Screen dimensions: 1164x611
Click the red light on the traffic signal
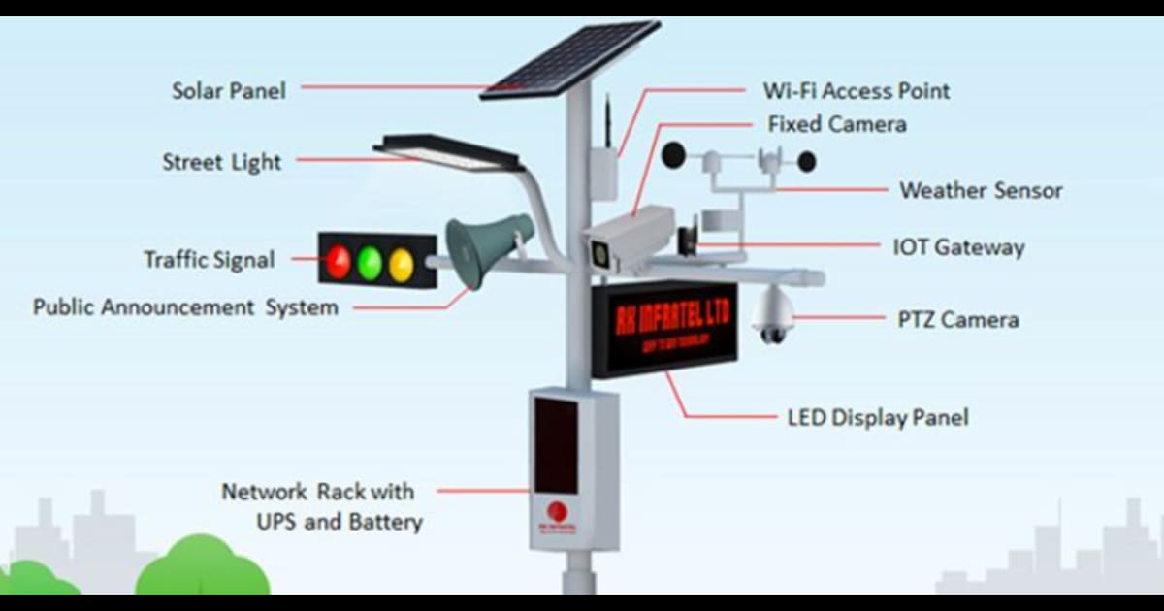338,261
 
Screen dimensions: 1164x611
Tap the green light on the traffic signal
370,262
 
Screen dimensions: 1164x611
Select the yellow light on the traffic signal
401,263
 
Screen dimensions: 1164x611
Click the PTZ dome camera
773,315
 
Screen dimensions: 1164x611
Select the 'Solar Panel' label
229,91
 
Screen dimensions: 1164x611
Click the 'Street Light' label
221,162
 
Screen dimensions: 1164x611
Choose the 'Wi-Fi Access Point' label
857,91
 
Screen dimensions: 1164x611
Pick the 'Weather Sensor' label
981,190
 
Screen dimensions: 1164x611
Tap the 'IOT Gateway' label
957,247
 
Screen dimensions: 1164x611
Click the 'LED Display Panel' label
877,418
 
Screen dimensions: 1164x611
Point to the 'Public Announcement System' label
186,307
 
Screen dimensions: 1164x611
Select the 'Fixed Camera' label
837,124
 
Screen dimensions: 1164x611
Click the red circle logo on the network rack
557,510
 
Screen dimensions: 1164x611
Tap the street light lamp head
448,153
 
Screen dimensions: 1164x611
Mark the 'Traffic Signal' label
210,260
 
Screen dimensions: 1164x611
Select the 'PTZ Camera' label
957,318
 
